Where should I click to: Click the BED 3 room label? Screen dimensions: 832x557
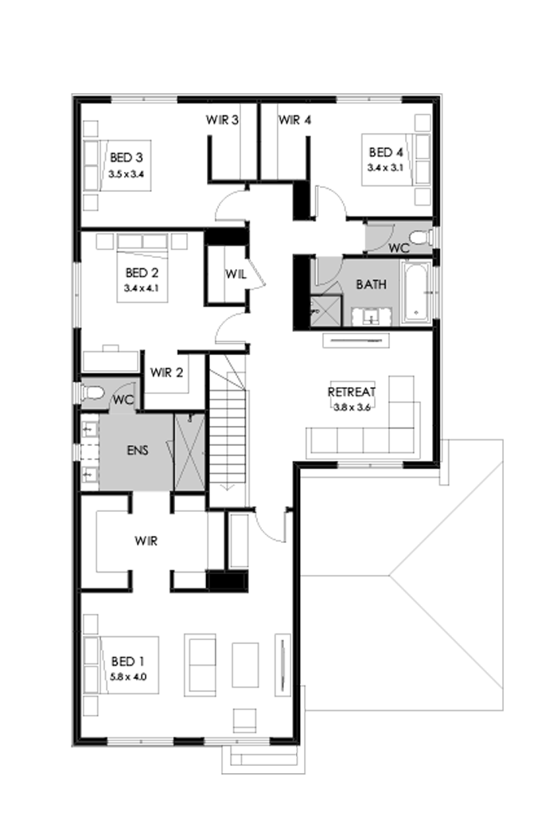[x=127, y=156]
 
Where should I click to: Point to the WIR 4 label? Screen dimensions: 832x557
[x=294, y=120]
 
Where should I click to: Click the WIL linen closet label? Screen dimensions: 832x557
[x=235, y=274]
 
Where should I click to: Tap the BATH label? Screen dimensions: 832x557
[x=372, y=283]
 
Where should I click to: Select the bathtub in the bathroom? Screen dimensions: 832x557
[x=417, y=292]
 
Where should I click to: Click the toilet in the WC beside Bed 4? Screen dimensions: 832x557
[x=419, y=237]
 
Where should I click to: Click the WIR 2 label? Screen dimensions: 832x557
[x=166, y=372]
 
